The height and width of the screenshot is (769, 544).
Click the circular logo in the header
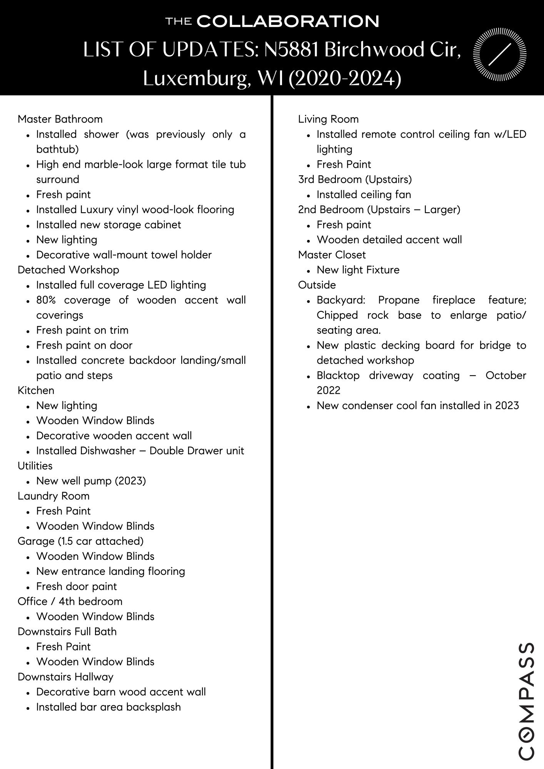tap(499, 54)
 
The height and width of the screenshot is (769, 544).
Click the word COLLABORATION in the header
tap(288, 22)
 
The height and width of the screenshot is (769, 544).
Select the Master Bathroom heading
tap(60, 119)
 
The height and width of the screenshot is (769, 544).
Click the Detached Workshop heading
tap(68, 270)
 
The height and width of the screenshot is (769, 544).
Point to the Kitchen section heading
tap(36, 390)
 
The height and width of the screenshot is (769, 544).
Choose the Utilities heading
tap(35, 466)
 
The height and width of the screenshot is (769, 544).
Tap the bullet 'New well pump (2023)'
tap(91, 481)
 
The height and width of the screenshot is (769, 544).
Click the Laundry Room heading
tap(53, 496)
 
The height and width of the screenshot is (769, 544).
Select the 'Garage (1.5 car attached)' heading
tap(80, 541)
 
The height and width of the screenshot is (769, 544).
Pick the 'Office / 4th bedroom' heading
tap(70, 601)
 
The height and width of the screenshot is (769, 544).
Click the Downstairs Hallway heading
tap(65, 677)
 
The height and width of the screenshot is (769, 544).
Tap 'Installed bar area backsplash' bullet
tap(108, 707)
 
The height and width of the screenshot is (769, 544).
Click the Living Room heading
tap(328, 119)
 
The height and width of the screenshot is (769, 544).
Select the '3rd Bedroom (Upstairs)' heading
tap(355, 180)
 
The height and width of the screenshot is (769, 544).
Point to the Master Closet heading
tap(332, 255)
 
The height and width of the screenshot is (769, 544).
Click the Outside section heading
tap(317, 285)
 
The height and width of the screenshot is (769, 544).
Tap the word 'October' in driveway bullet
tap(506, 375)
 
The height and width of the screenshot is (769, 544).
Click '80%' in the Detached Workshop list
tap(46, 300)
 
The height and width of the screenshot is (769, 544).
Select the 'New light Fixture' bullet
tap(358, 270)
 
